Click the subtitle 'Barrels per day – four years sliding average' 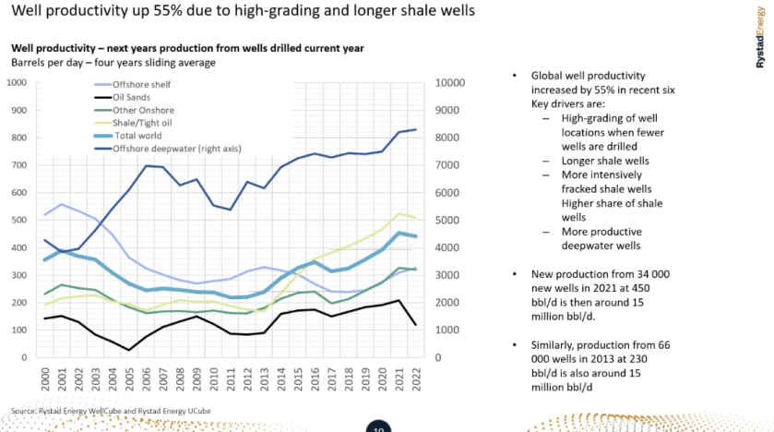tap(113, 62)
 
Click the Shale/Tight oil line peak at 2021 tap(399, 214)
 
